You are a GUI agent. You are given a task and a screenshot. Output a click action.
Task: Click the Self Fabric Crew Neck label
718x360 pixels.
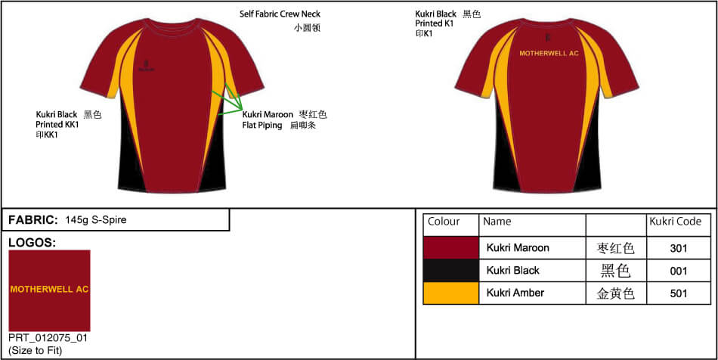click(280, 14)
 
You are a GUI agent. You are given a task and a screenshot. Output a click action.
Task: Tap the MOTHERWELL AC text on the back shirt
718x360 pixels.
click(549, 54)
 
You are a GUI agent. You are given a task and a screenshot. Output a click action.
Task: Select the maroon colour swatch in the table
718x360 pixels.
click(451, 247)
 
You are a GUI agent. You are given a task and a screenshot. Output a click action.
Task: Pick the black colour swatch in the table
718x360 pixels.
click(451, 270)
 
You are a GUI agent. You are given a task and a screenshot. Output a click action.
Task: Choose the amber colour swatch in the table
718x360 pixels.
click(451, 293)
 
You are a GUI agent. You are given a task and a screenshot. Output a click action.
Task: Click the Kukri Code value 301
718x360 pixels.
click(679, 248)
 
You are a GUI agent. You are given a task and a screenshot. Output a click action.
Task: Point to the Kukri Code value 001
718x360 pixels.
click(679, 271)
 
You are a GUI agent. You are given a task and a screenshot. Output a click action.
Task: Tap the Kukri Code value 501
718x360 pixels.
click(679, 293)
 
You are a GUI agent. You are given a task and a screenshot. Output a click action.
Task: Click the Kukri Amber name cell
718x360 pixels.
click(515, 293)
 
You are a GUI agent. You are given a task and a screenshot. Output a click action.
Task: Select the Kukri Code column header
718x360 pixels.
click(675, 222)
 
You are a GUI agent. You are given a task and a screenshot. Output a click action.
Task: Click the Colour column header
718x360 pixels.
click(444, 222)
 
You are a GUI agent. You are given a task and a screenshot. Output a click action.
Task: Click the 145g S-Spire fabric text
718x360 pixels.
click(96, 220)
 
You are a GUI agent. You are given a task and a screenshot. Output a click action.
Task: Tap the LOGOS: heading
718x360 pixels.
click(32, 243)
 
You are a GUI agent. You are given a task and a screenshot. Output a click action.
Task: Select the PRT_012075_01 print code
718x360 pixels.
click(48, 338)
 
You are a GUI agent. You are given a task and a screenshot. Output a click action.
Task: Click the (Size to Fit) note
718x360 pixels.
click(36, 349)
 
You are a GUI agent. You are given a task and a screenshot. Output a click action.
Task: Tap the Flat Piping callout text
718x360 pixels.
click(262, 126)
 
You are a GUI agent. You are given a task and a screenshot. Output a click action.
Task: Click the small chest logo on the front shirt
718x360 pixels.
click(147, 66)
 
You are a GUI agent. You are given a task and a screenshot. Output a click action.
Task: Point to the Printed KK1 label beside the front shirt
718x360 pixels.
click(57, 125)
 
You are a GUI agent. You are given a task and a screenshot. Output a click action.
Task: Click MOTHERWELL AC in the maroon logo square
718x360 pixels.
click(49, 289)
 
